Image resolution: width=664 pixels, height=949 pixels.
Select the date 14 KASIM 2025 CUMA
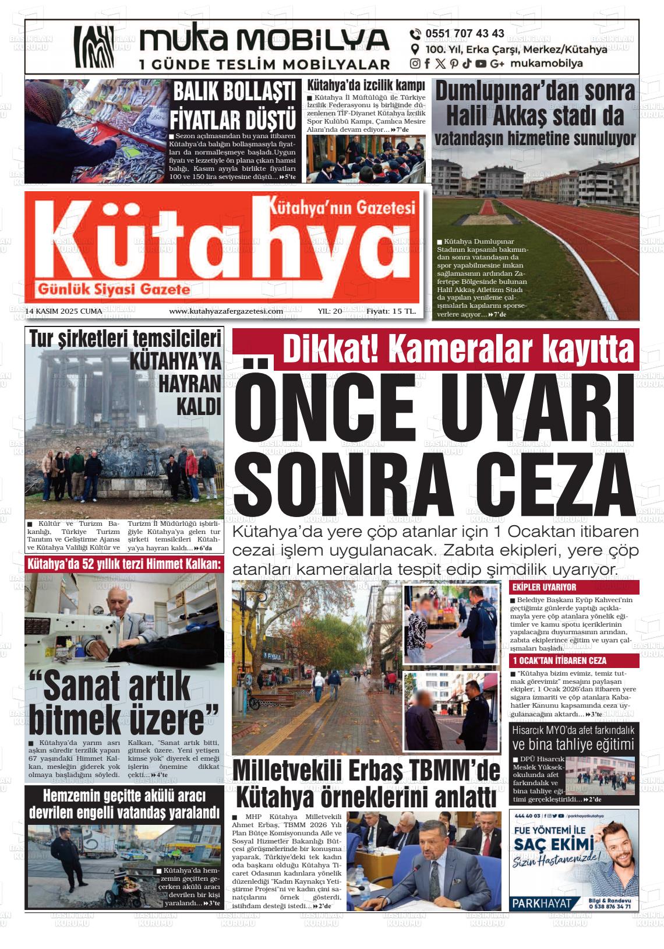64,311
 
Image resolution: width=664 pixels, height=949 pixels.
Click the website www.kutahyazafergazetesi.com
226,311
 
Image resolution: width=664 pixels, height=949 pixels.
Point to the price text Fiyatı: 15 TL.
391,311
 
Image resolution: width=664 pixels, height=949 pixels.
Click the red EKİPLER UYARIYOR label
544,587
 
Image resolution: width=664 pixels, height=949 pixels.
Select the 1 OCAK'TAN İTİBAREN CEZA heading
559,660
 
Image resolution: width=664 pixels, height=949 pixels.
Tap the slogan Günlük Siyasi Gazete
113,289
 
